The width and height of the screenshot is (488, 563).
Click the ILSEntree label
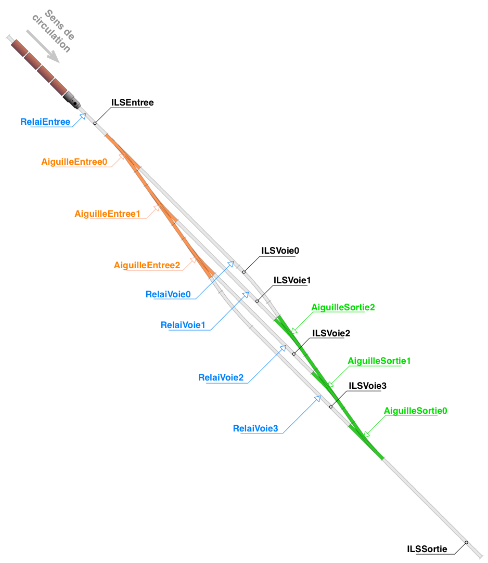click(132, 103)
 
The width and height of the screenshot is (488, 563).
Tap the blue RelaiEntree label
click(45, 122)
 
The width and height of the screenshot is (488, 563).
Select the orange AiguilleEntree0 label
click(74, 162)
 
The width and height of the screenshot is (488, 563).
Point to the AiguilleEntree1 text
click(108, 214)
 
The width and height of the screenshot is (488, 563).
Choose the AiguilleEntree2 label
click(147, 265)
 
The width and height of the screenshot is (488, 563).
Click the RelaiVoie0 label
click(168, 294)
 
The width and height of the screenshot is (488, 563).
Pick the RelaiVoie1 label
click(183, 325)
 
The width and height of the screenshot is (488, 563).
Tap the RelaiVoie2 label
click(221, 378)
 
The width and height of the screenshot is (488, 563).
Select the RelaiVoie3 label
click(255, 428)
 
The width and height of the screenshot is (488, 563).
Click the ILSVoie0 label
click(280, 251)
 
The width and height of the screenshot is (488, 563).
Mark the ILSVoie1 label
click(292, 280)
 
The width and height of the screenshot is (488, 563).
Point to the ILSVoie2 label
click(331, 333)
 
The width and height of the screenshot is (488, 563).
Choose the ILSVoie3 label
click(368, 386)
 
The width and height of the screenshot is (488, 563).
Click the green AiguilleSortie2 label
click(343, 307)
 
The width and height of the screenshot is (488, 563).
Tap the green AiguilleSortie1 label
click(379, 361)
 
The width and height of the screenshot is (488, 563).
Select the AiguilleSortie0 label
click(416, 411)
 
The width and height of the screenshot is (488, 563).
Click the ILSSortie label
click(427, 549)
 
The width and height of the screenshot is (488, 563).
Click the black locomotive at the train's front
click(72, 100)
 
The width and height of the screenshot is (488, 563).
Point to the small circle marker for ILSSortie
click(467, 542)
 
